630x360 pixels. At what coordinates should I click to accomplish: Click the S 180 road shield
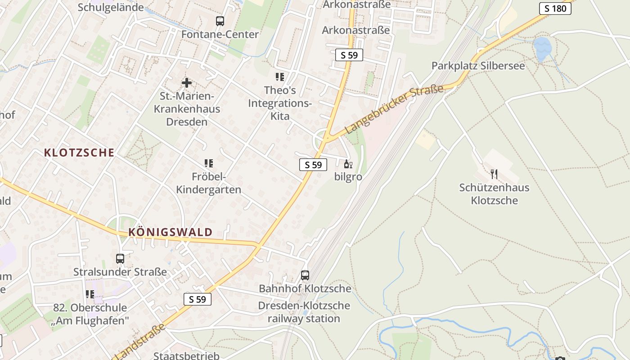coord(555,8)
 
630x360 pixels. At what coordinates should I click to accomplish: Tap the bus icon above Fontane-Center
coord(220,21)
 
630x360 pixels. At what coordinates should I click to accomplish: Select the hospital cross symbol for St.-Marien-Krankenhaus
coord(186,83)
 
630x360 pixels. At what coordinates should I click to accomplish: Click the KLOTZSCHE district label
coord(79,153)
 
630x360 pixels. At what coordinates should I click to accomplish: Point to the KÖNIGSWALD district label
coord(171,232)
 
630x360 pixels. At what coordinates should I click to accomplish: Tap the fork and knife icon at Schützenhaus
coord(494,174)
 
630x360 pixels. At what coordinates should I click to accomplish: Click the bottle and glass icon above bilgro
coord(348,164)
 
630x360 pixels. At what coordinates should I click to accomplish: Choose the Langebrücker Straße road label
coord(394,109)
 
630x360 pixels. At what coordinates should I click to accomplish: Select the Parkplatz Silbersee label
coord(478,66)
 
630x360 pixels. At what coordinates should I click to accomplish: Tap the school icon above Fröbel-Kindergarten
coord(208,163)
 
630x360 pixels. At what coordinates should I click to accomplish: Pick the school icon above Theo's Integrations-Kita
coord(280,77)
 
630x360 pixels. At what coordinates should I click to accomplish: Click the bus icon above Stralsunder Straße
coord(120,259)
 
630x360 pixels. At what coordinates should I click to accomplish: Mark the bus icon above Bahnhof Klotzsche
coord(305,275)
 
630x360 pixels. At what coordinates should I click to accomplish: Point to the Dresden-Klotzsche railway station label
coord(304,312)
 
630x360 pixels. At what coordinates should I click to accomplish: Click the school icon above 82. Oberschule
coord(90,294)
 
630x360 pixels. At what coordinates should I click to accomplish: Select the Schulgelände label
coord(111,7)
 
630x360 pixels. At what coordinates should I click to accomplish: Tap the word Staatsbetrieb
coord(186,355)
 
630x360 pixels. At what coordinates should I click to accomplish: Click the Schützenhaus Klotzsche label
coord(494,194)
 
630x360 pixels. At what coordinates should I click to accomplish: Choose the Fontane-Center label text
coord(220,35)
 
